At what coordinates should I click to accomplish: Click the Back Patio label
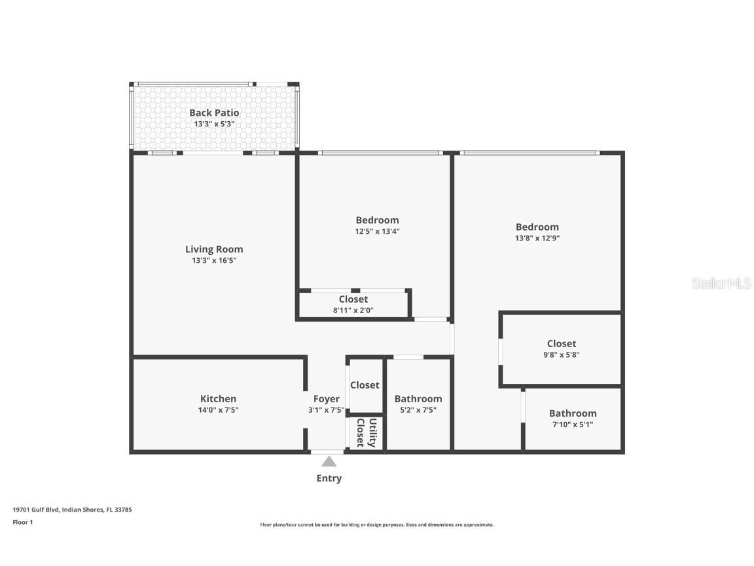[214, 113]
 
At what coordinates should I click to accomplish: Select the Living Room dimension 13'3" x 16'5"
[214, 261]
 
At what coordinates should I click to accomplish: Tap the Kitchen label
[218, 398]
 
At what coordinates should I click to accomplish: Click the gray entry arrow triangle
[329, 462]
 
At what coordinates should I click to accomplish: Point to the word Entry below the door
[329, 478]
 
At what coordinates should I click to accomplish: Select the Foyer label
[326, 398]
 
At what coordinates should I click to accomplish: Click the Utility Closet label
[366, 433]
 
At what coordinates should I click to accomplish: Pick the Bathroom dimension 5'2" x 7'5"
[418, 410]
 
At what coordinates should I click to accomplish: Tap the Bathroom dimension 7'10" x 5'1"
[572, 424]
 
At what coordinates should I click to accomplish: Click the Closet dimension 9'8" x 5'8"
[561, 355]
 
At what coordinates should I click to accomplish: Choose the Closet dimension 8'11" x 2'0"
[353, 311]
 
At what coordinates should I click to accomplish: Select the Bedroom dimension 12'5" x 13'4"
[377, 231]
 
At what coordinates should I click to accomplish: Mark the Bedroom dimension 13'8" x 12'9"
[537, 238]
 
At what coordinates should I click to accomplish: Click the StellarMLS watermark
[721, 284]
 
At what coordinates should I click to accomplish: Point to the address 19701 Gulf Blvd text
[72, 509]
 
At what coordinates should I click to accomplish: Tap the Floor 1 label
[22, 522]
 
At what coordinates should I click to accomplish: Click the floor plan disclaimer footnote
[377, 525]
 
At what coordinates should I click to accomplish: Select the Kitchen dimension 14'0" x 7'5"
[218, 410]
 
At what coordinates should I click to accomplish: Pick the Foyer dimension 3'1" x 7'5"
[326, 410]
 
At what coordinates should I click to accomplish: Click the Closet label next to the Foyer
[365, 385]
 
